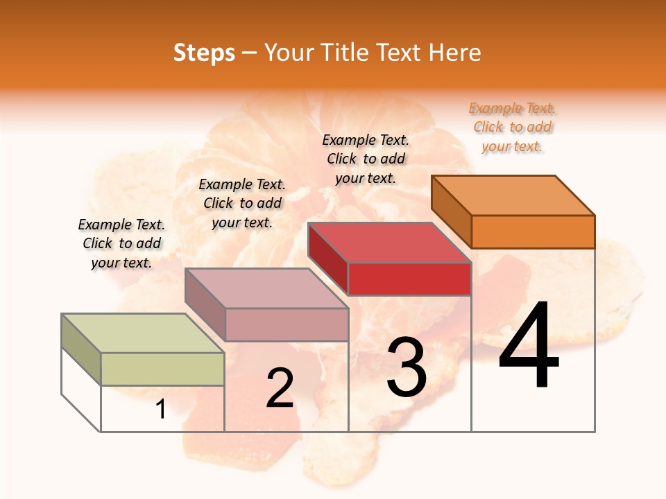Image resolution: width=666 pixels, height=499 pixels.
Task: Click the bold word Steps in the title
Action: point(204,53)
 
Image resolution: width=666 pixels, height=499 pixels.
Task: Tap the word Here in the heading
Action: point(454,53)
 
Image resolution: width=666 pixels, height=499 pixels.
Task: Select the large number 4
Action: point(529,346)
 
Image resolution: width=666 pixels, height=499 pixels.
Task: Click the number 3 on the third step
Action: point(407,367)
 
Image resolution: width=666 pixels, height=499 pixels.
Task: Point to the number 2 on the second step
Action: point(280,387)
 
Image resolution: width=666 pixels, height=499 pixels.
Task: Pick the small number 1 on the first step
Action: point(161,409)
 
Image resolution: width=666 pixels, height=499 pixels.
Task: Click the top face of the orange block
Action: point(513,195)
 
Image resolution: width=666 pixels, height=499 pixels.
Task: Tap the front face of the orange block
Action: point(533,231)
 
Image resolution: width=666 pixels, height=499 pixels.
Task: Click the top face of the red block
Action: point(390,243)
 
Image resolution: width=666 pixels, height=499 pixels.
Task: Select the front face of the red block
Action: point(409,279)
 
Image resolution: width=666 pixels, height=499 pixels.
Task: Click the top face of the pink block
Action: point(266,288)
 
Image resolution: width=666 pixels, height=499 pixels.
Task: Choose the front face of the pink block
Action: point(287,324)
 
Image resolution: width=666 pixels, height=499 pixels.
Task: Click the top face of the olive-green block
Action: point(143,333)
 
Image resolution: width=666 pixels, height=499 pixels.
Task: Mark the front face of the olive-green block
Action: point(162,369)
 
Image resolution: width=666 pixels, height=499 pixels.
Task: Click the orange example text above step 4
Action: point(512,127)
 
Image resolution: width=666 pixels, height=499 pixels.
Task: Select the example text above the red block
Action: point(366,159)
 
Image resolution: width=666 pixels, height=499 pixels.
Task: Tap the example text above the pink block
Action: point(242,203)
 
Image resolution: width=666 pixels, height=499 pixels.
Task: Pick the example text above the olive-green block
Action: point(121,243)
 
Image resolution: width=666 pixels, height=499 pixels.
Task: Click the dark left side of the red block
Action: point(327,256)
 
